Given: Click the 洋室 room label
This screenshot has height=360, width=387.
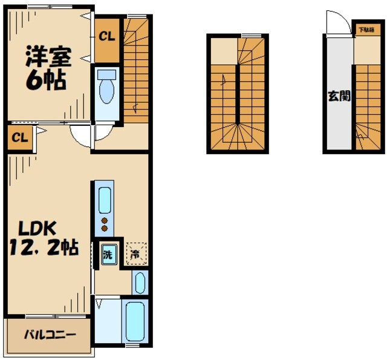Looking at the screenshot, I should click(x=48, y=57).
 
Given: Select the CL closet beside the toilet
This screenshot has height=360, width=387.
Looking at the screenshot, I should click(x=107, y=36).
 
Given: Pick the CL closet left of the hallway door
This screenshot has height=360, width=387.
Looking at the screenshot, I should click(x=19, y=137).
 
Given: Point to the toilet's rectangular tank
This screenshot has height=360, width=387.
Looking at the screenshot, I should click(x=108, y=76).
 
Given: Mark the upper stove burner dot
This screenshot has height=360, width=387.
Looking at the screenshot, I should click(x=104, y=220).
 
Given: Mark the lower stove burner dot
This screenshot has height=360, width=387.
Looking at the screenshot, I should click(x=104, y=229).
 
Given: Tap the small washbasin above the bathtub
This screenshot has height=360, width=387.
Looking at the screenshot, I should click(x=139, y=283).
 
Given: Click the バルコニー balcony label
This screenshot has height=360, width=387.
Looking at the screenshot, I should click(x=50, y=334).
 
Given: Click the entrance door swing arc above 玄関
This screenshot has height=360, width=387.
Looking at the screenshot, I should click(x=336, y=23).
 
